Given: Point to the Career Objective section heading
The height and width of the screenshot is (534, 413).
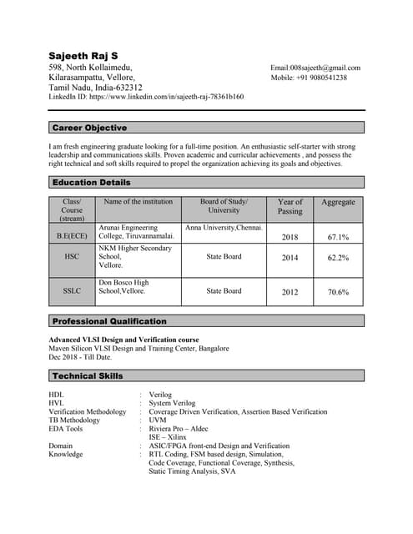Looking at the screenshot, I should pos(89,128).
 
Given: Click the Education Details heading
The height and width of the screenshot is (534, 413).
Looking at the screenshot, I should pos(91,182).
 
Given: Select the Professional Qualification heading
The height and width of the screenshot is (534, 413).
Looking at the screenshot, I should pos(109,320).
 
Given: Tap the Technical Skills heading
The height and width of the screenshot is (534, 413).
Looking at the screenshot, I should pos(87,376).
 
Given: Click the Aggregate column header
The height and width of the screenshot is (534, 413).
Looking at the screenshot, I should pos(338,202).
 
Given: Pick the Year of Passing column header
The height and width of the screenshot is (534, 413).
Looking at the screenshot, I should pos(290,206).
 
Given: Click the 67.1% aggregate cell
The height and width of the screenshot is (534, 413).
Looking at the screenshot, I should pos(338,237).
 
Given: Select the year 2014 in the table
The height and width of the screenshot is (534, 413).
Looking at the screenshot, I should pos(290,258).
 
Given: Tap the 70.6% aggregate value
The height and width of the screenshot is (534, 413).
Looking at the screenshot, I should pos(338,292).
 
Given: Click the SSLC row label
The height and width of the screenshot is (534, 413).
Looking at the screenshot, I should pos(72,291).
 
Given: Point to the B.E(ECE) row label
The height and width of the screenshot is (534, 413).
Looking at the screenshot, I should pos(72,236).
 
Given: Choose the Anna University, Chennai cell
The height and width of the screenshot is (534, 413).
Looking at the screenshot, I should pos(224,227).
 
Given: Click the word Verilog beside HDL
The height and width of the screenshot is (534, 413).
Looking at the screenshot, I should pos(160,394).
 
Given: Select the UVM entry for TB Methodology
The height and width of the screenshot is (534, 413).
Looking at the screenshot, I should pos(158,420).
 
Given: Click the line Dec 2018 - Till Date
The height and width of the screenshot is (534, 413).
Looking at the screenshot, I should pos(80,356).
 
